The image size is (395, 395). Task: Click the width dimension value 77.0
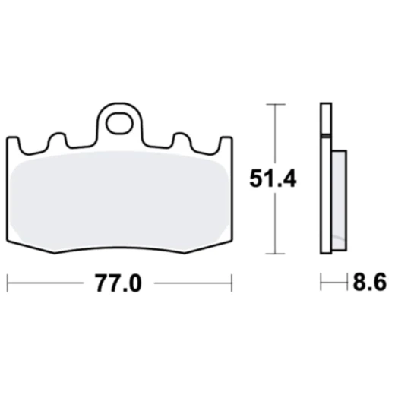click(x=118, y=284)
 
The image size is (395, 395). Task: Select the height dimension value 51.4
click(x=273, y=179)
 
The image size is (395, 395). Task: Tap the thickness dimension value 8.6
click(x=369, y=284)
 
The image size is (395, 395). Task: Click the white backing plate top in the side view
click(x=325, y=118)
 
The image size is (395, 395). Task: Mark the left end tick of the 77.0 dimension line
click(x=7, y=284)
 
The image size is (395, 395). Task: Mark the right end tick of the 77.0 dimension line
click(x=231, y=284)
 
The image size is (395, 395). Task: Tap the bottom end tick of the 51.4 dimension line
click(x=273, y=254)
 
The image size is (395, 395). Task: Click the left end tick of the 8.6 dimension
click(x=321, y=284)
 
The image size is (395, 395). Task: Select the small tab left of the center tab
click(x=55, y=141)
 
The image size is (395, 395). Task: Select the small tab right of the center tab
click(x=182, y=141)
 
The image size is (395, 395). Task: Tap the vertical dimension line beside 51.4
click(x=273, y=220)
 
